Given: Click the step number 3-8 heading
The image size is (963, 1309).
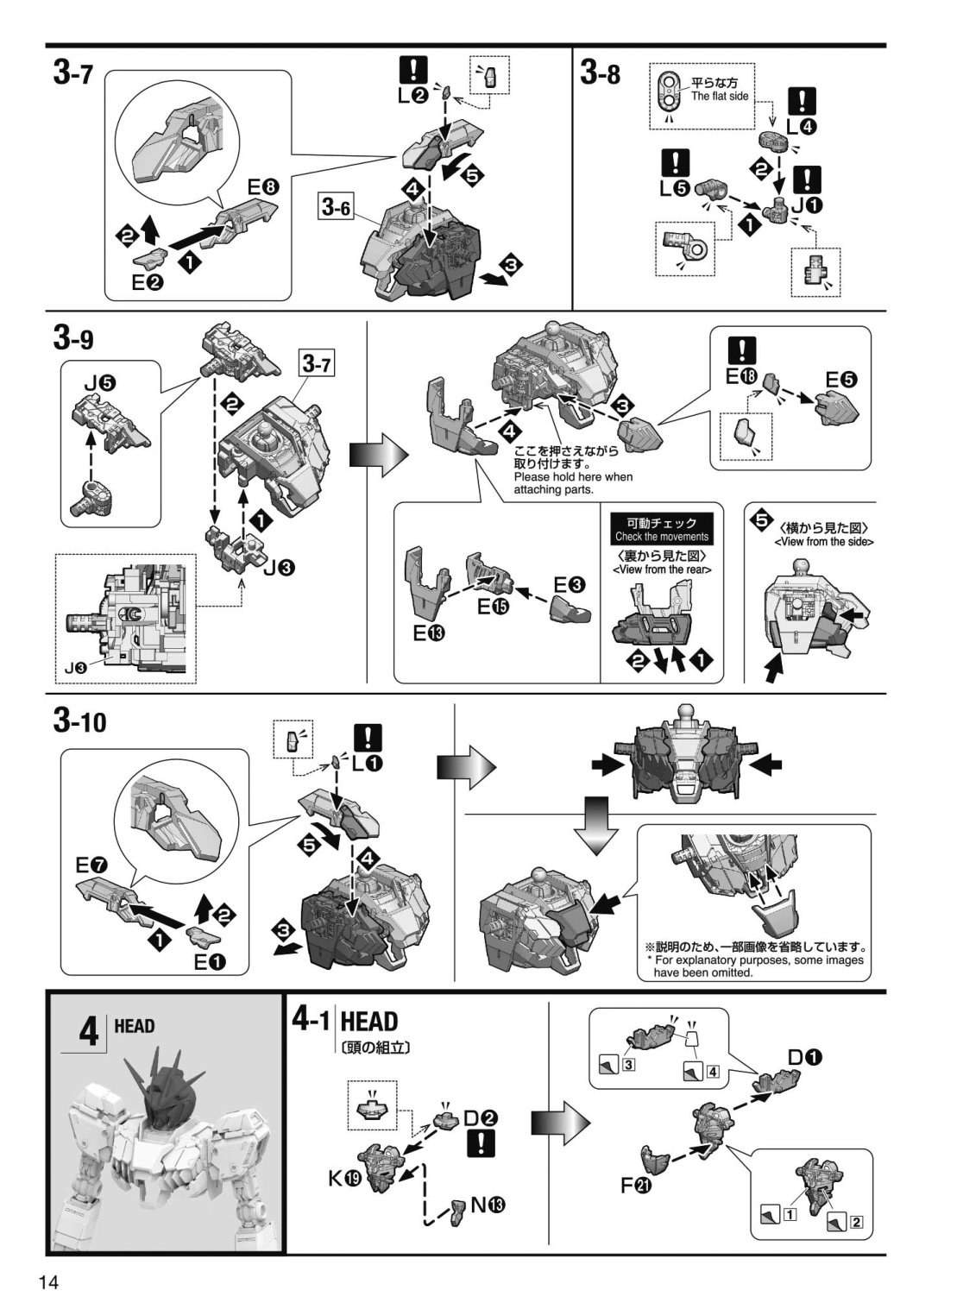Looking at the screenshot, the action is tap(600, 74).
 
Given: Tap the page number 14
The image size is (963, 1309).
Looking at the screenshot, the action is tap(48, 1282).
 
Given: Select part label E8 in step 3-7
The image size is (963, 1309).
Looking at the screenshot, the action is tap(263, 187).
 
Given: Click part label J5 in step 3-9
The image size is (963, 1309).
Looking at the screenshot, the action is tap(100, 383).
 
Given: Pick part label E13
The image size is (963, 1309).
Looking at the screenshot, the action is tap(429, 632).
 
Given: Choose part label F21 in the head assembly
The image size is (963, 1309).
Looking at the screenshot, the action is tap(636, 1186).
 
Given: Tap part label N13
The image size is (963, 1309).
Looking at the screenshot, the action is tap(488, 1205).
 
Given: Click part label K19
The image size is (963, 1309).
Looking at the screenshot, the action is tap(345, 1179).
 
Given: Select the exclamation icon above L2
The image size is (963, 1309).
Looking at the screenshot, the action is tap(413, 70).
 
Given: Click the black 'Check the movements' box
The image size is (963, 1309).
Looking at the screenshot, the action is tap(662, 530).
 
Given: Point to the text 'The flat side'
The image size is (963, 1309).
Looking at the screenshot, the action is tap(720, 97).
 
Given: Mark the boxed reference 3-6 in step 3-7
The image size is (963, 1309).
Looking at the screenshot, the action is tap(336, 206).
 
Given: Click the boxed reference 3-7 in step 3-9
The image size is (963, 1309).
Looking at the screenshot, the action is tap(318, 365).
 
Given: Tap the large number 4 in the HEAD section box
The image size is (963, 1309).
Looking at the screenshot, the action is tap(88, 1033).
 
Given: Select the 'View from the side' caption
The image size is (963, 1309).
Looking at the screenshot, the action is tap(824, 542).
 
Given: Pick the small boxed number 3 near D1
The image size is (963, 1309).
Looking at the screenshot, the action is tap(629, 1064).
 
